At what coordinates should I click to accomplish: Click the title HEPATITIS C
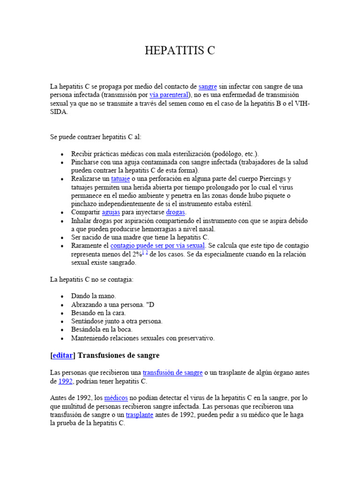180,51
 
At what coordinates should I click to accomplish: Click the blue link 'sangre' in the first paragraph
208,87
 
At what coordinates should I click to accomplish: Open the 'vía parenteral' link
169,95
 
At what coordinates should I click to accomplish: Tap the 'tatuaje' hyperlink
120,179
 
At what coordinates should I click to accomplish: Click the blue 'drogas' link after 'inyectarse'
176,212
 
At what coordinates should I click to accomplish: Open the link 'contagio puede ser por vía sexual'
157,246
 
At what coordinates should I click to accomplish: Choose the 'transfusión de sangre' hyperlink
172,373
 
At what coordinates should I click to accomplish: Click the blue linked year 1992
66,381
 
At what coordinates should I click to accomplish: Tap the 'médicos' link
116,398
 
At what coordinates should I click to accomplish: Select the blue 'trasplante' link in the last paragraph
139,415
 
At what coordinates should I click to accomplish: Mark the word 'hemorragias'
167,229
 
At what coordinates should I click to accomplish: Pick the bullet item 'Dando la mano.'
93,296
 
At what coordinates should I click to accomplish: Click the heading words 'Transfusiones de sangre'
119,355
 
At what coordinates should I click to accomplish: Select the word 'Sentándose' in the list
89,321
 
